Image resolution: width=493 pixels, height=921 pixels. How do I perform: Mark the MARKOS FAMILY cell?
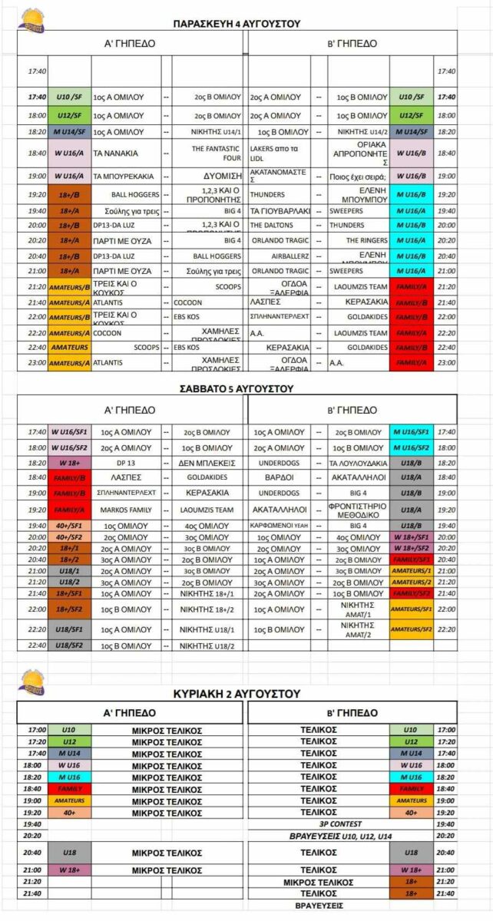click(127, 510)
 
